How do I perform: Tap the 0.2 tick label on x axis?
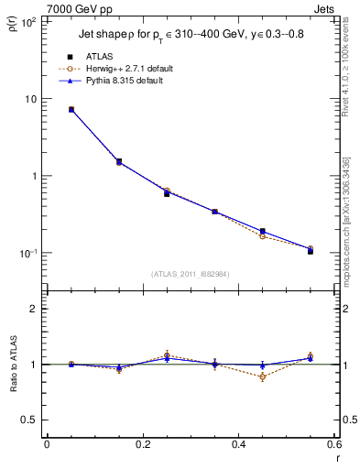142,445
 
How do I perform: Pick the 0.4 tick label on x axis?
238,445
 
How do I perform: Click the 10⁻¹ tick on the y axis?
28,253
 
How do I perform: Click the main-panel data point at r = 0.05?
71,109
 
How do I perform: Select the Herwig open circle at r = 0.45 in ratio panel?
262,376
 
